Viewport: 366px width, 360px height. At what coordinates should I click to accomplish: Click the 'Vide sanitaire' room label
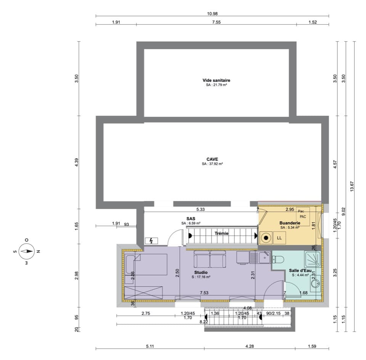(216, 80)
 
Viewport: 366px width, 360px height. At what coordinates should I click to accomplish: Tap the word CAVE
(212, 159)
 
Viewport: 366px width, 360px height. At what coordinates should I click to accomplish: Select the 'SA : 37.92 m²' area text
(212, 164)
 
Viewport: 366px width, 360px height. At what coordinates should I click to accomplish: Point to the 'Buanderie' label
(289, 223)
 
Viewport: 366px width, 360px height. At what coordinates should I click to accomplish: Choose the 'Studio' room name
(201, 272)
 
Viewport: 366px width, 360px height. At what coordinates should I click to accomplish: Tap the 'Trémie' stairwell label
(221, 233)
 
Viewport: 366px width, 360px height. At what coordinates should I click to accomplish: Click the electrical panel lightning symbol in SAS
(151, 241)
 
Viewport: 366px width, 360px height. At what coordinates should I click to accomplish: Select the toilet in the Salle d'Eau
(278, 259)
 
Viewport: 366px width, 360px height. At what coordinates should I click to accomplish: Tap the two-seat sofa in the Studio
(209, 260)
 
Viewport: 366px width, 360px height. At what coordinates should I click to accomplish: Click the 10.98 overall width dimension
(212, 13)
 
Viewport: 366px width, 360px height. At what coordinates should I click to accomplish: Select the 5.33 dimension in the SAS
(200, 209)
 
